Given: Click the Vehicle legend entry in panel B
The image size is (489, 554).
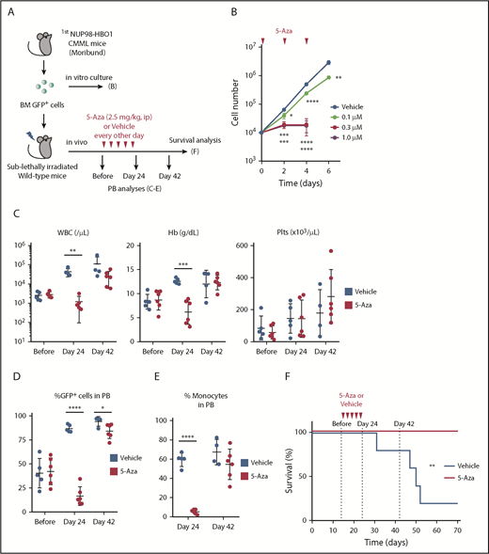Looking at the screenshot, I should point(441,107).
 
